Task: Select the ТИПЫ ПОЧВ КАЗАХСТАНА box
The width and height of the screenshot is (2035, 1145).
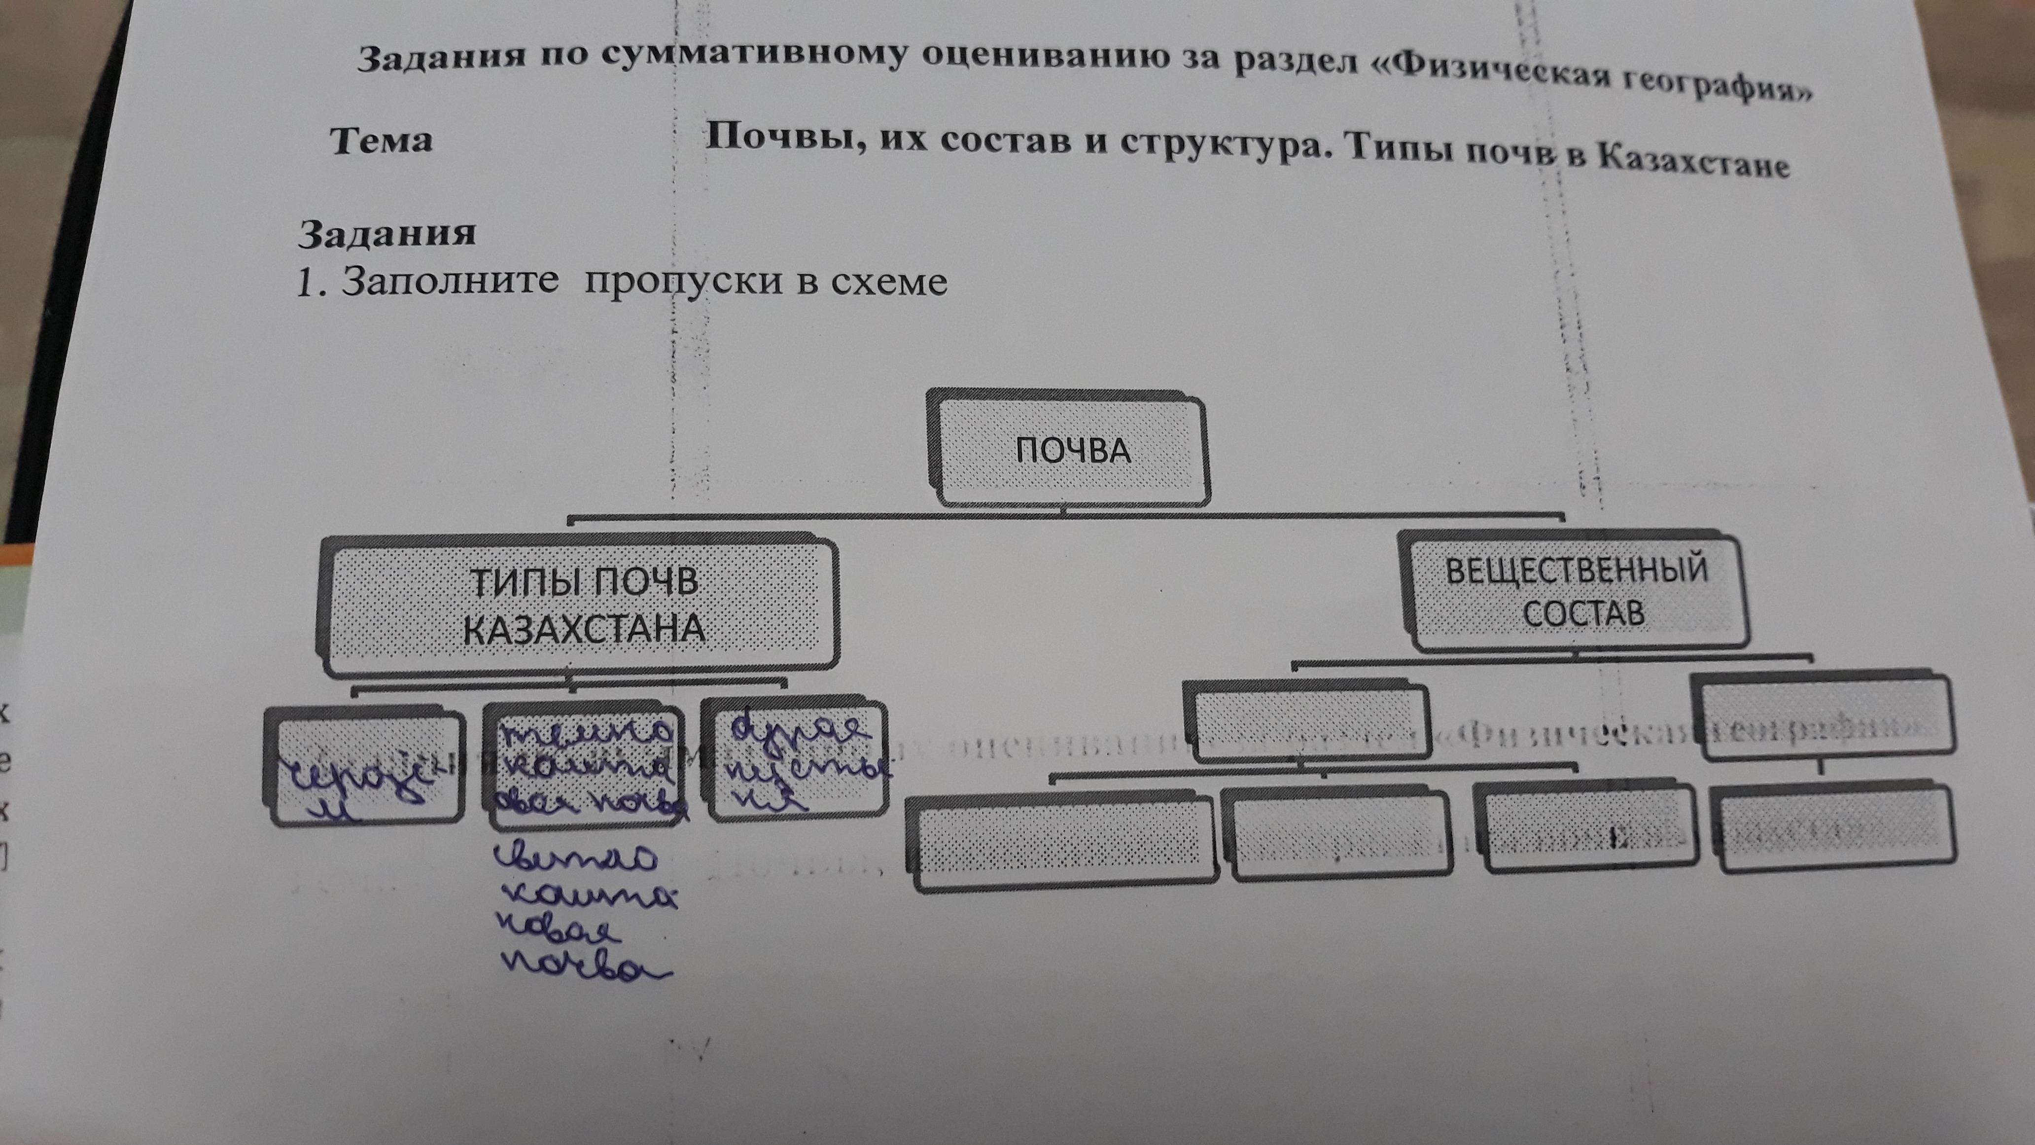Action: pyautogui.click(x=581, y=607)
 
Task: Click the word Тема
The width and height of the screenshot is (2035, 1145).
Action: pyautogui.click(x=381, y=141)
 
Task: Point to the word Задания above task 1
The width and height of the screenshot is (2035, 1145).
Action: pyautogui.click(x=386, y=233)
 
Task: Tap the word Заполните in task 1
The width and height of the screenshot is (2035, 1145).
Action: pyautogui.click(x=450, y=281)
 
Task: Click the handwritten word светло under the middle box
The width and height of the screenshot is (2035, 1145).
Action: pyautogui.click(x=575, y=858)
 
